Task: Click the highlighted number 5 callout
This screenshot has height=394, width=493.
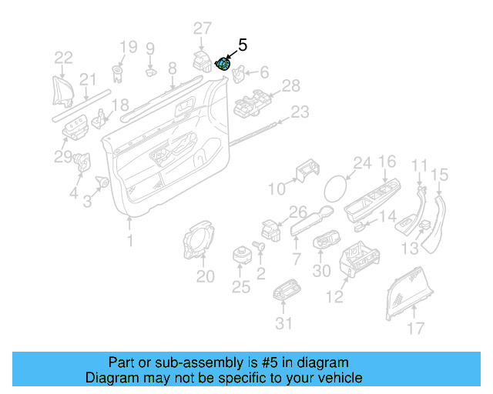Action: [243, 45]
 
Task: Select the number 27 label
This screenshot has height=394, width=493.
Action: [202, 28]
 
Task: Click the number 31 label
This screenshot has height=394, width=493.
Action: [284, 323]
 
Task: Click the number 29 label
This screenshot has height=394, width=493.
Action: [62, 157]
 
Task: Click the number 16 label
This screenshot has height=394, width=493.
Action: [387, 161]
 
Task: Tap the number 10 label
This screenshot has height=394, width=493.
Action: [276, 189]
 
